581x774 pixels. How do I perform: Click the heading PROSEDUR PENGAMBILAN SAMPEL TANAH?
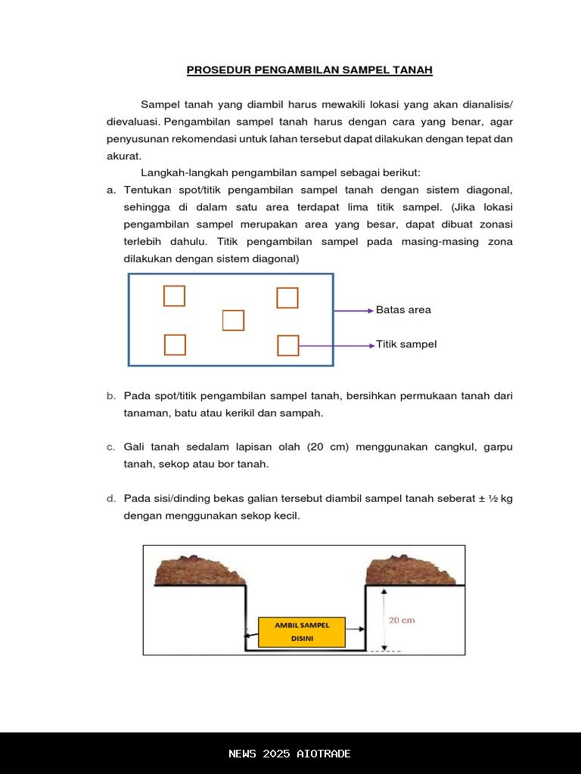pyautogui.click(x=309, y=70)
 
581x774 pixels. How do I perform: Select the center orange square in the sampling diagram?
pyautogui.click(x=233, y=320)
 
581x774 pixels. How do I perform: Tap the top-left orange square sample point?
pyautogui.click(x=174, y=296)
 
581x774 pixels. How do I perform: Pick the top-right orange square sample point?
pyautogui.click(x=287, y=298)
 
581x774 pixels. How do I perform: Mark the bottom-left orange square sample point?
pyautogui.click(x=175, y=345)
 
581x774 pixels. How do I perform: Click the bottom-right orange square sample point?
pyautogui.click(x=288, y=345)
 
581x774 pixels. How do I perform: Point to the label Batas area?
pyautogui.click(x=403, y=310)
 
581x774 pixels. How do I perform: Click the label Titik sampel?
pyautogui.click(x=406, y=345)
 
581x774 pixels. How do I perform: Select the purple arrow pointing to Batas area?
pyautogui.click(x=353, y=311)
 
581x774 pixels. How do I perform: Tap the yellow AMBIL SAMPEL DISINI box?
pyautogui.click(x=302, y=632)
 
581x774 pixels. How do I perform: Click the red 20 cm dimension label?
pyautogui.click(x=402, y=621)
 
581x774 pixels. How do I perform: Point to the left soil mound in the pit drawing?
pyautogui.click(x=200, y=571)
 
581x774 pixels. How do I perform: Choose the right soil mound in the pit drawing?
pyautogui.click(x=410, y=571)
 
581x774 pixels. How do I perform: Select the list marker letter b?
pyautogui.click(x=110, y=396)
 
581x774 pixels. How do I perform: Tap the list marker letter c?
pyautogui.click(x=110, y=447)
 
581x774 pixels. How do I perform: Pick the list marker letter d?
pyautogui.click(x=110, y=499)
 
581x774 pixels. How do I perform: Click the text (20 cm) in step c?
pyautogui.click(x=328, y=447)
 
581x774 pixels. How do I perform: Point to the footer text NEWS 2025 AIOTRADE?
pyautogui.click(x=290, y=754)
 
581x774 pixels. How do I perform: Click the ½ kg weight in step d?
pyautogui.click(x=500, y=499)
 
